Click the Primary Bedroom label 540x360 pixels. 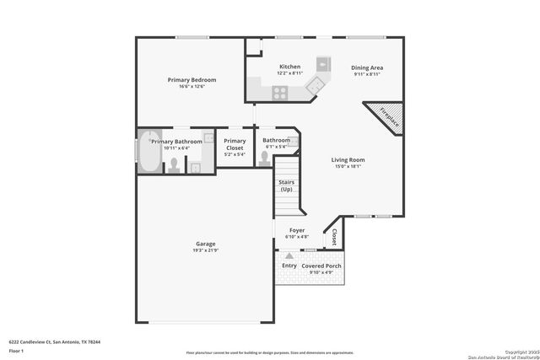coord(192,80)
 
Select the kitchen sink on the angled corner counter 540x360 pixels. coord(314,83)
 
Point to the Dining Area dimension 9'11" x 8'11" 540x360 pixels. coord(367,74)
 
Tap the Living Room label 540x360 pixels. coord(347,159)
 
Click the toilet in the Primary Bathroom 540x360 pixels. coord(174,164)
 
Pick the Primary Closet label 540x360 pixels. coord(235,144)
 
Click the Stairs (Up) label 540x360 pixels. coord(286,185)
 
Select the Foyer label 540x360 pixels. coord(297,229)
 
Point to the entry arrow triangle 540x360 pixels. coord(289,255)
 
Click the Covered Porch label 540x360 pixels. coord(321,266)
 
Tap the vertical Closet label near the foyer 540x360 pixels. coord(335,237)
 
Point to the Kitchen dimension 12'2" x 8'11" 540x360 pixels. coord(289,74)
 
